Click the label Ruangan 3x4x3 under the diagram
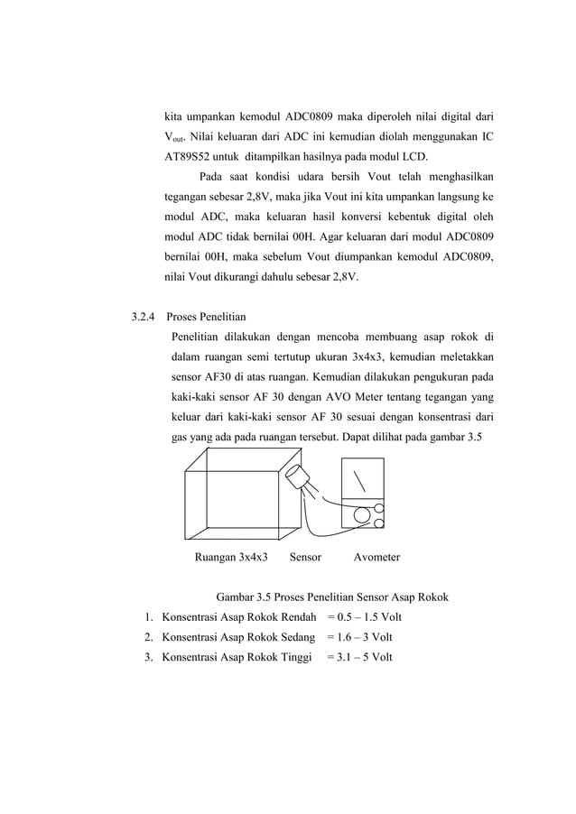tap(231, 557)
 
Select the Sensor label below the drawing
tap(305, 557)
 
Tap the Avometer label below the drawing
tap(376, 557)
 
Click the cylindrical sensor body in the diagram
tap(298, 478)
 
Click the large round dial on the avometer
tap(362, 515)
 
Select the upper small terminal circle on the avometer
tap(379, 508)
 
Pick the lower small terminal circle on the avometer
tap(379, 523)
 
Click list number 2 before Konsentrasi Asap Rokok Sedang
tap(147, 637)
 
